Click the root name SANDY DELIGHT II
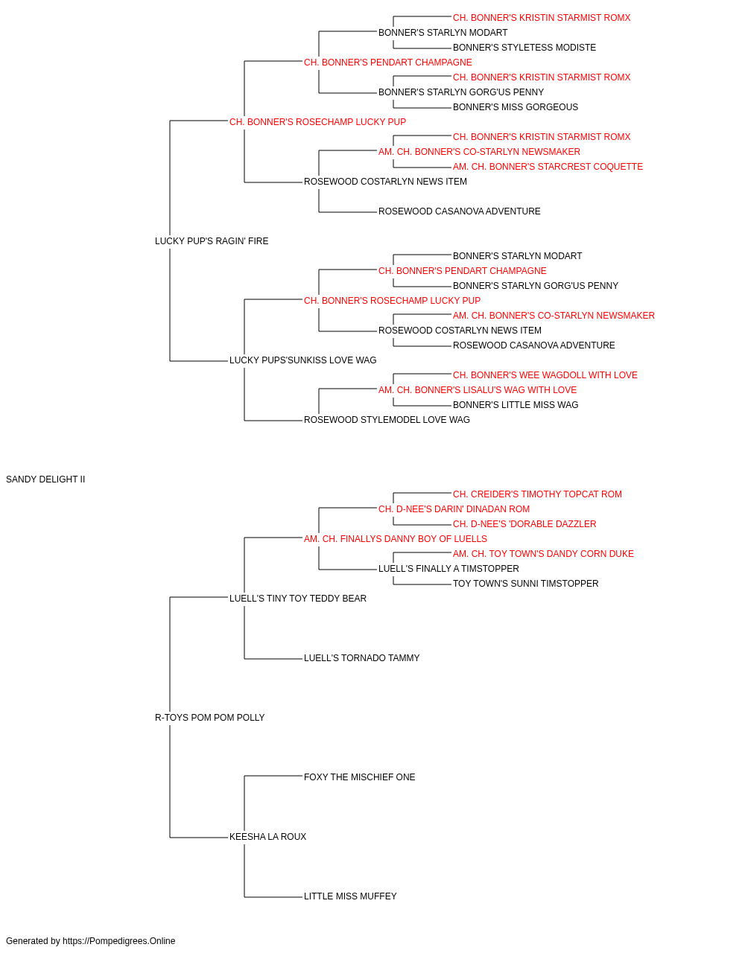coord(45,479)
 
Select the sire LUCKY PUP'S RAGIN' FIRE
coord(212,241)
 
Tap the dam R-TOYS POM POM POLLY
coord(210,718)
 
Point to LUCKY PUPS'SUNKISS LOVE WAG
coord(302,360)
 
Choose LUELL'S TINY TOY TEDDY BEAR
coord(297,599)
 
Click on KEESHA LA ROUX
coord(267,837)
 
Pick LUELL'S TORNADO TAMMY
coord(361,658)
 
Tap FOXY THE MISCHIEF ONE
coord(359,777)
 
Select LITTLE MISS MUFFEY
coord(350,896)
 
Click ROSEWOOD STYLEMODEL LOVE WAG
coord(387,420)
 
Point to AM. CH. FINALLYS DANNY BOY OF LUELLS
coord(396,539)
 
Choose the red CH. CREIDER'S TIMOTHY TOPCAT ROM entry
coord(537,494)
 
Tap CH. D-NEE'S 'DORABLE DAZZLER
coord(524,524)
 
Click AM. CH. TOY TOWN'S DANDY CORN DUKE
coord(543,554)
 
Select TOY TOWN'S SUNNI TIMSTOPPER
coord(525,584)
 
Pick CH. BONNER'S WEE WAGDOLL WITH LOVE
coord(545,375)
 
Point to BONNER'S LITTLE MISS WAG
coord(515,405)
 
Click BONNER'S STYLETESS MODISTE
coord(524,48)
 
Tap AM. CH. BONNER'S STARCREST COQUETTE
coord(548,167)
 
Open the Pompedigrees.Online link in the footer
coord(119,941)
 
